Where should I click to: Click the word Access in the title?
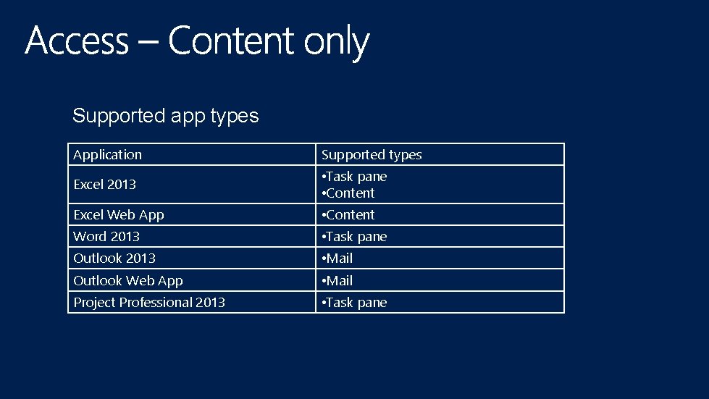(77, 41)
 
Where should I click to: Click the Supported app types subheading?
(165, 116)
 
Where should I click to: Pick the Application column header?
(108, 155)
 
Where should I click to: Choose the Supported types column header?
(372, 155)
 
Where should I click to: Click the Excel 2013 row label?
(105, 185)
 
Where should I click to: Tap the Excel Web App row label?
(119, 215)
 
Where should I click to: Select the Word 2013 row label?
(106, 237)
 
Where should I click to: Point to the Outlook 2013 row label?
(114, 259)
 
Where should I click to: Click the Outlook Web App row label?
(128, 281)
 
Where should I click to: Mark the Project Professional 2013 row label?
(149, 303)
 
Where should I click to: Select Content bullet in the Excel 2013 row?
(349, 193)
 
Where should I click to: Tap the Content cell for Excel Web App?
(349, 215)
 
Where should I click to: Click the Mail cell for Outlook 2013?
(338, 259)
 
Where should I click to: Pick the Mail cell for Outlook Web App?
(338, 281)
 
